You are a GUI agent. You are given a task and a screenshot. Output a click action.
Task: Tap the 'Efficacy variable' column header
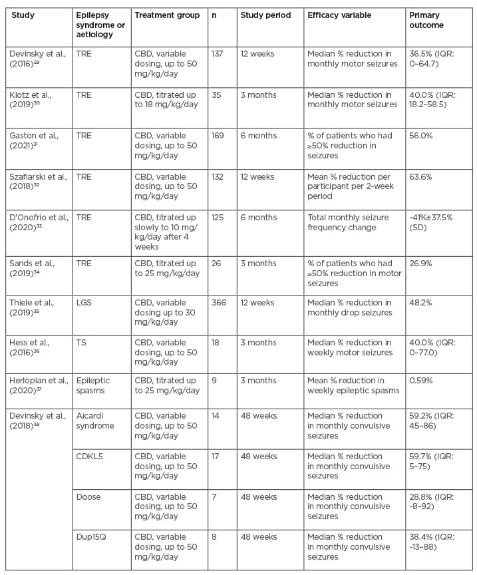point(337,15)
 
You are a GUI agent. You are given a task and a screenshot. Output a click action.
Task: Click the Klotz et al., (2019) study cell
point(31,99)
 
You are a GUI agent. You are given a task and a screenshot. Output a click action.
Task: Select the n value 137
point(219,53)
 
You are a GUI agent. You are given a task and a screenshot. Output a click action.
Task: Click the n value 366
point(219,303)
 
